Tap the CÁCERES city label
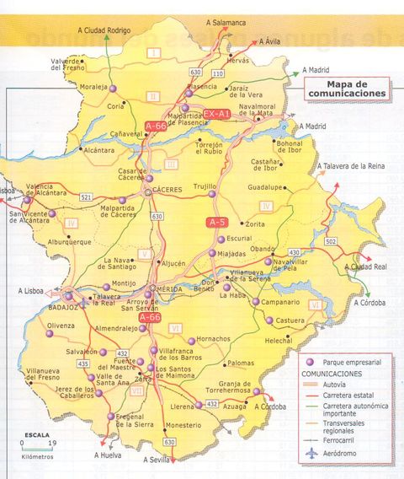click(168, 191)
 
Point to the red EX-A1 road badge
click(217, 113)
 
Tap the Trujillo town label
click(205, 185)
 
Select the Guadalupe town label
click(269, 187)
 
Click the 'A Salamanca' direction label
click(226, 23)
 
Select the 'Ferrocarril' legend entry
click(346, 439)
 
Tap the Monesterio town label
click(183, 425)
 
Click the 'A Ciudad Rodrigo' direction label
click(104, 30)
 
